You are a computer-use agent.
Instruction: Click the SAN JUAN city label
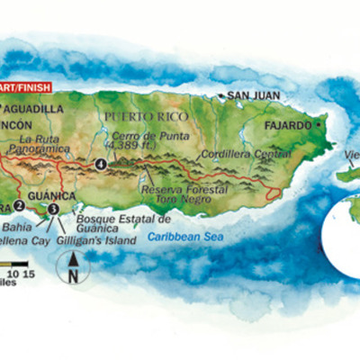tap(255, 95)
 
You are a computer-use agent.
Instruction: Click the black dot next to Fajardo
tap(318, 125)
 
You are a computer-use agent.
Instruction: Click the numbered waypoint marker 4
tap(101, 164)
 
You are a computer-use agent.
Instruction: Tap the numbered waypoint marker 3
tap(53, 208)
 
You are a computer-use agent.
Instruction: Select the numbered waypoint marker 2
tap(18, 204)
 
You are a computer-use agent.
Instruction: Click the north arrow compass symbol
tap(73, 266)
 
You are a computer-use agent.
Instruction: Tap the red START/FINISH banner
tap(27, 88)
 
